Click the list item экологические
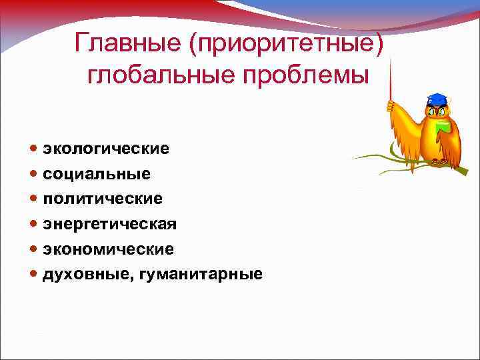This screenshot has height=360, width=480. click(x=106, y=149)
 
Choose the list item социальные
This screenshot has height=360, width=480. click(x=97, y=173)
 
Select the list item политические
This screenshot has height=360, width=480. click(x=103, y=199)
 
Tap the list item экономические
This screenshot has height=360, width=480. click(x=109, y=249)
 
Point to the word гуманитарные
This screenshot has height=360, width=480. click(x=201, y=274)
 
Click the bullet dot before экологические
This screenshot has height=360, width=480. click(x=34, y=149)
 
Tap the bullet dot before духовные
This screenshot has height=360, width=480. click(x=34, y=274)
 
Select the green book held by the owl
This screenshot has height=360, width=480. click(x=441, y=127)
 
